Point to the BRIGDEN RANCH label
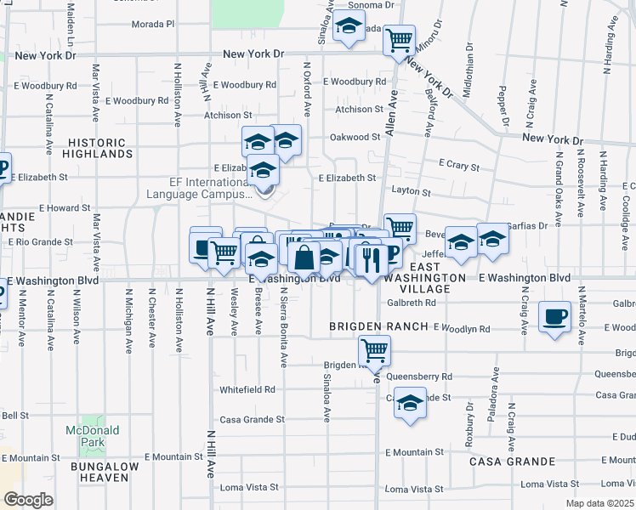[x=379, y=327]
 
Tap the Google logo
[x=28, y=499]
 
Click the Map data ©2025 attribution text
[x=599, y=503]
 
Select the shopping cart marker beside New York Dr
[x=399, y=39]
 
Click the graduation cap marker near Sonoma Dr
[x=348, y=29]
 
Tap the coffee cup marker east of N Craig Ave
[x=554, y=317]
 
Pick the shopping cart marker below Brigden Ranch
[x=374, y=349]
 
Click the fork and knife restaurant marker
[x=369, y=258]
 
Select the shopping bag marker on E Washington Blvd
[x=304, y=258]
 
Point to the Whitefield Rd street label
[x=247, y=389]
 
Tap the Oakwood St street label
[x=355, y=136]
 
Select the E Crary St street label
[x=459, y=164]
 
